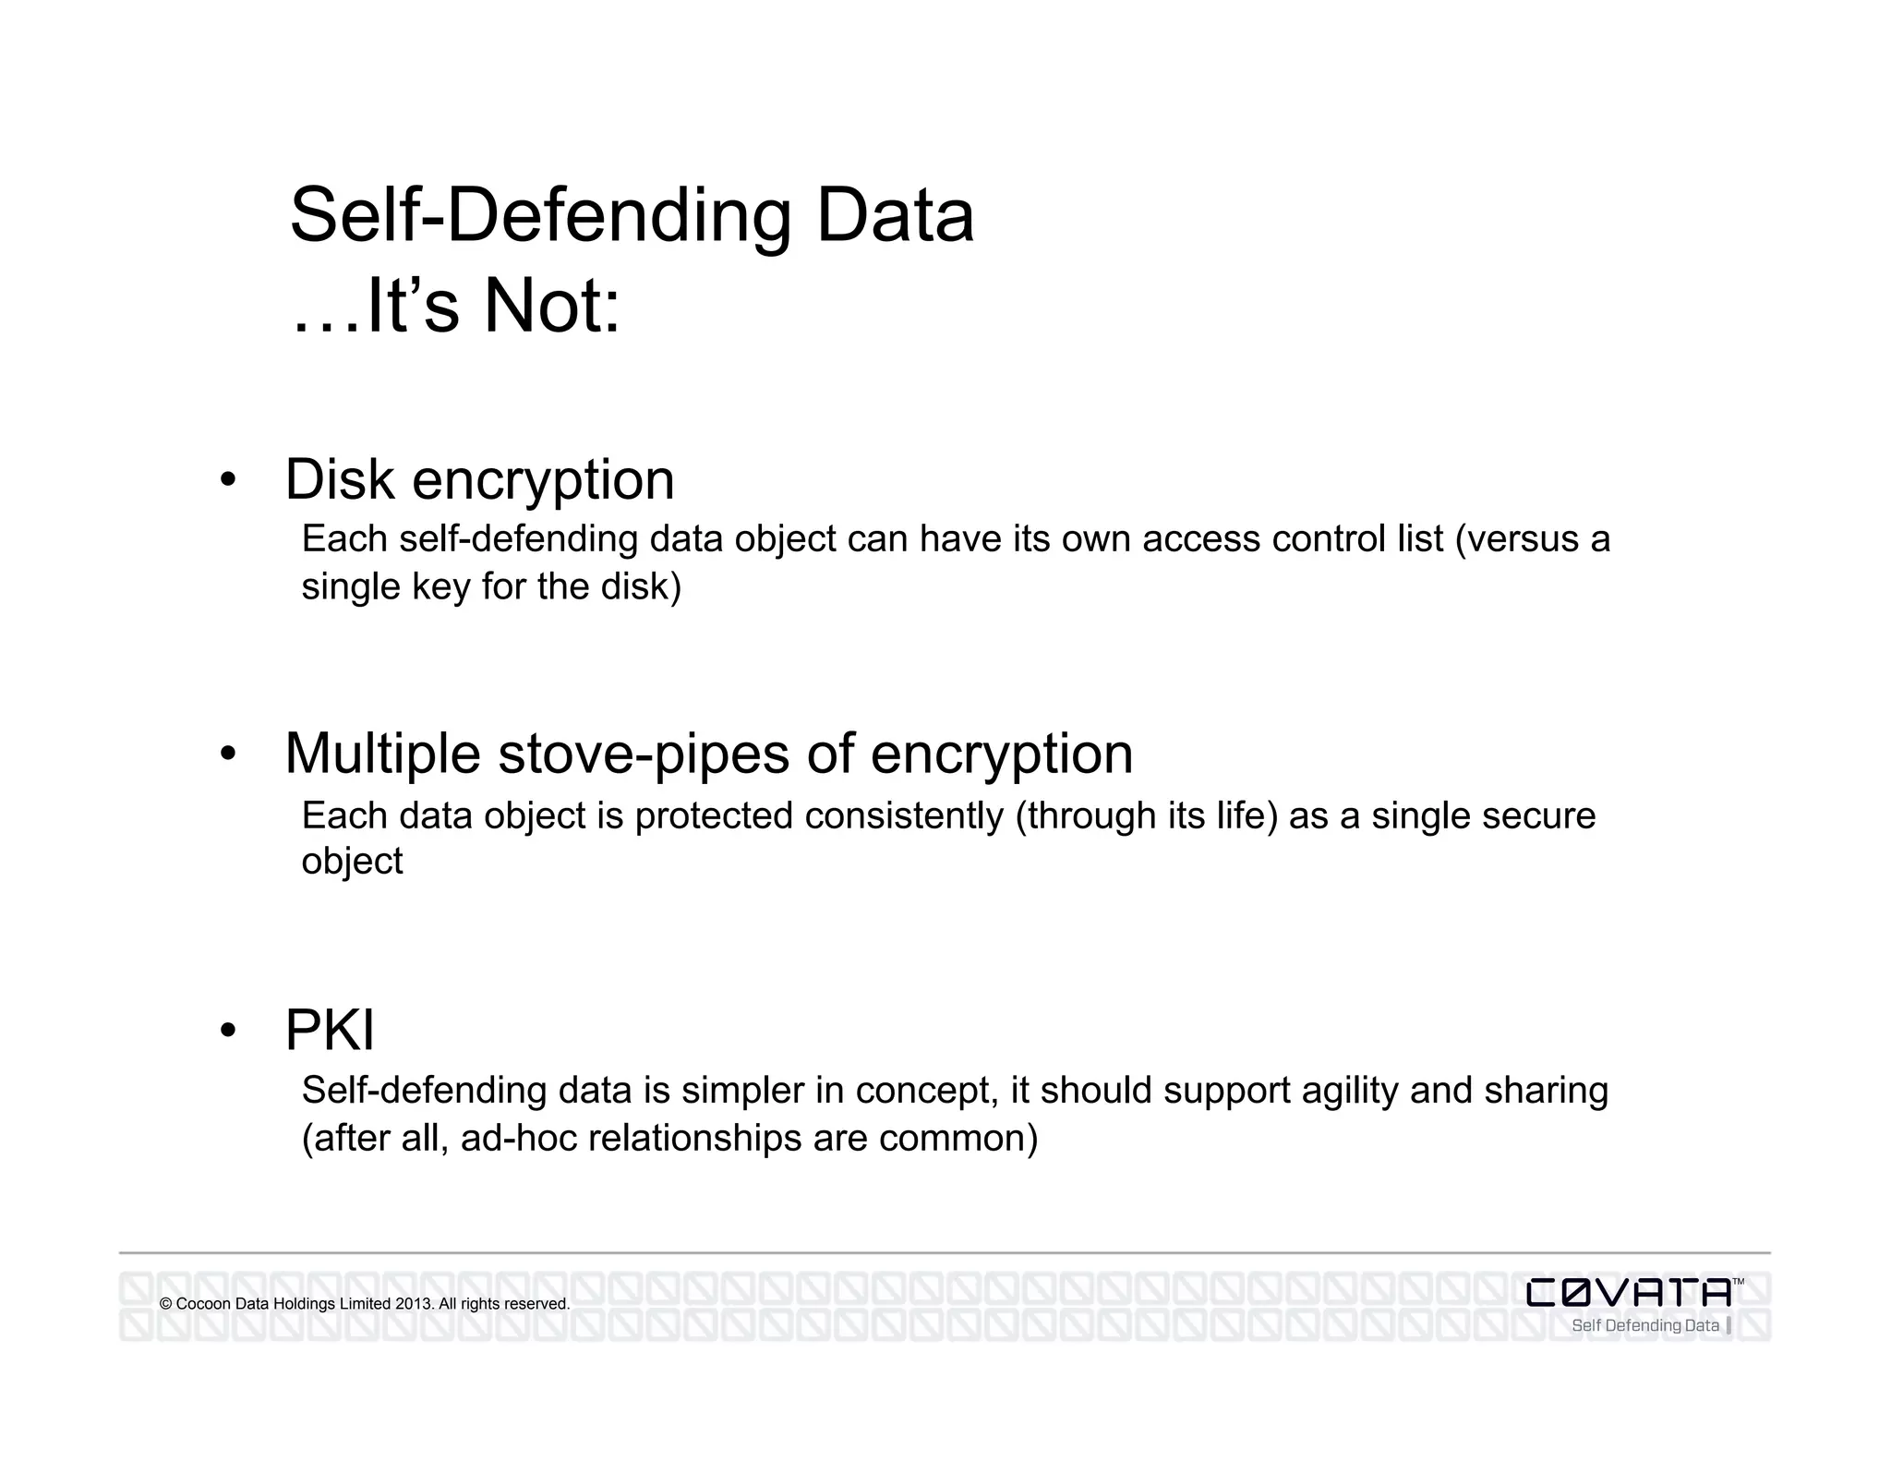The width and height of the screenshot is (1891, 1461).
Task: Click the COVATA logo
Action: click(1629, 1292)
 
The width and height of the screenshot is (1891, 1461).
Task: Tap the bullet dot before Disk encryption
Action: click(228, 480)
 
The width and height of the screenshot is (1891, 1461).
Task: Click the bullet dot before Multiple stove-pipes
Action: click(228, 754)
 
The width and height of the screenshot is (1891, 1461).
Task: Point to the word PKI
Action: click(330, 1030)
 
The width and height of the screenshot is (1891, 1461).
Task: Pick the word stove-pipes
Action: click(644, 754)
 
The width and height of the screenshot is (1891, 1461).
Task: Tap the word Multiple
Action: click(382, 754)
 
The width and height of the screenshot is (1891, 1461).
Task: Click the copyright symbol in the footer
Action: click(166, 1304)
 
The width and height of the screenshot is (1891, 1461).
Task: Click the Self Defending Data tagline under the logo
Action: click(1644, 1326)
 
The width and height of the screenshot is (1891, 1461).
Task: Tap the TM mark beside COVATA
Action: click(1738, 1282)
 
